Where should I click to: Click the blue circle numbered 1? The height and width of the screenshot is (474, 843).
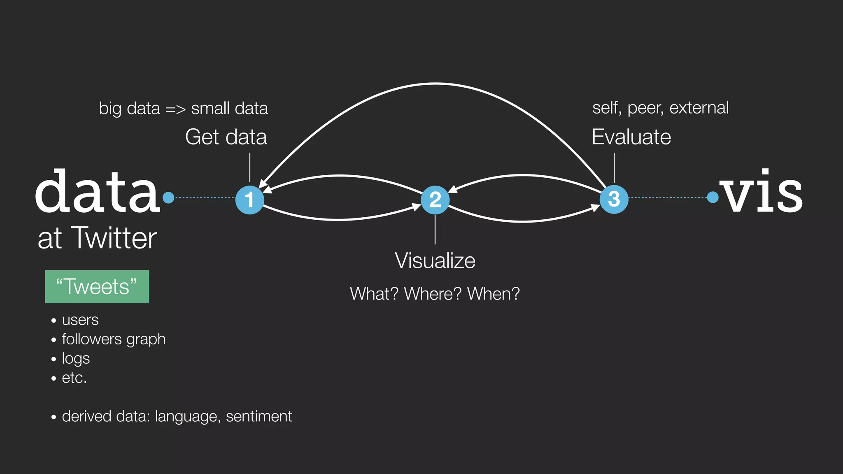tap(249, 200)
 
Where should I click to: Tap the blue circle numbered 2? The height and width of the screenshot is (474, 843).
tap(435, 200)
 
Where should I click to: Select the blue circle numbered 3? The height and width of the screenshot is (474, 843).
tap(614, 200)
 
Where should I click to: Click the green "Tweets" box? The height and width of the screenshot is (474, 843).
tap(97, 287)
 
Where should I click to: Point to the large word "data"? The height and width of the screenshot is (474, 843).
tap(97, 192)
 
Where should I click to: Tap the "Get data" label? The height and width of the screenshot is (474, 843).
tap(226, 137)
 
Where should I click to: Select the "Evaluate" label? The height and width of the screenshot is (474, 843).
tap(631, 137)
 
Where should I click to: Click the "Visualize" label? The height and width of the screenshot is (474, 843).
tap(435, 261)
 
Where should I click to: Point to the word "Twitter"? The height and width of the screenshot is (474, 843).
tap(114, 238)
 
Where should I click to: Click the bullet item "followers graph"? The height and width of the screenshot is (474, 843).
tap(114, 339)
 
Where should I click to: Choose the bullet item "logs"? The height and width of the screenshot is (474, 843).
tap(76, 358)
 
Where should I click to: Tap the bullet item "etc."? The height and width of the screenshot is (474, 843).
tap(75, 378)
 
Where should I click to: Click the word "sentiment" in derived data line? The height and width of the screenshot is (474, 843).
tap(259, 416)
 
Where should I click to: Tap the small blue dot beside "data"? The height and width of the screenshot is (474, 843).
tap(168, 198)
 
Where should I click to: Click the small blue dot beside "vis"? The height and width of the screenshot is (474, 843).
tap(713, 197)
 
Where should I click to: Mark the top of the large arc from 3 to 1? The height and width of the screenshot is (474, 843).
tap(435, 84)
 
